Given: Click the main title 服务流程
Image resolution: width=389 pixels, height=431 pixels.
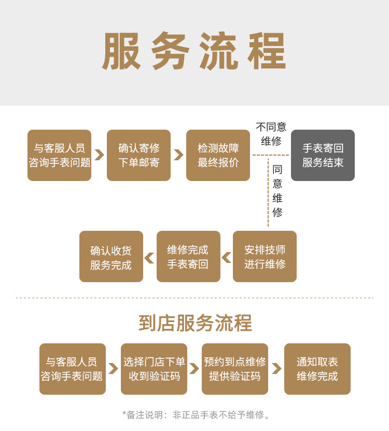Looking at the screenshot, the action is click(x=194, y=52).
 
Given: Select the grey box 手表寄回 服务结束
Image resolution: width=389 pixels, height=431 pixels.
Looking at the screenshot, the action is click(x=323, y=155).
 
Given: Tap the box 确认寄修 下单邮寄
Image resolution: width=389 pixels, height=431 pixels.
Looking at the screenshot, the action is click(x=138, y=155).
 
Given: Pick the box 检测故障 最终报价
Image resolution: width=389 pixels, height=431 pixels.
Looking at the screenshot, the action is click(x=218, y=155).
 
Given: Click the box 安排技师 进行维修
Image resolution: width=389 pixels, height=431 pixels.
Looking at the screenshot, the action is click(x=265, y=256).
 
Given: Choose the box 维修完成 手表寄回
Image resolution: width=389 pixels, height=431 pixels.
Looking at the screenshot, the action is click(x=188, y=256).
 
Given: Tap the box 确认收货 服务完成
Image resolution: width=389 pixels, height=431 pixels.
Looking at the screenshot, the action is click(x=111, y=256).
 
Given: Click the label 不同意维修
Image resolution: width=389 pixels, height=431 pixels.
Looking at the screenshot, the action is click(x=271, y=134).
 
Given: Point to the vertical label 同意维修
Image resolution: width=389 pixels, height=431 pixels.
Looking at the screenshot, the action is click(x=277, y=190).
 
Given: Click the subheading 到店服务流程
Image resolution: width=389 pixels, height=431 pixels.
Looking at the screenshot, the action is click(x=195, y=323).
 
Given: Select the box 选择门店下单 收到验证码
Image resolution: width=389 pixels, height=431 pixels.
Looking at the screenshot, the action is click(x=154, y=369).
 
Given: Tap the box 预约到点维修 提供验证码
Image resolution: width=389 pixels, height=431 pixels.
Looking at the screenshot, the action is click(x=234, y=369).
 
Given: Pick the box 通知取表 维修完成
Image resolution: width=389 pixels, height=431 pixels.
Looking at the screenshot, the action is click(x=317, y=369).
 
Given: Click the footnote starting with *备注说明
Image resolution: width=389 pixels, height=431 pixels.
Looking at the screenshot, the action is click(x=196, y=414).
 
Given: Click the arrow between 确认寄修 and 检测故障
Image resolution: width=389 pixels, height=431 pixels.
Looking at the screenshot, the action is click(x=178, y=155).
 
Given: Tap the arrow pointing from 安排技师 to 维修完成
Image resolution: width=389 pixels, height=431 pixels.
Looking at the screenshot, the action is click(x=227, y=257).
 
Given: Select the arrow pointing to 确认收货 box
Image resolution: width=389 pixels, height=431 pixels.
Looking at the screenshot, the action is click(x=149, y=257).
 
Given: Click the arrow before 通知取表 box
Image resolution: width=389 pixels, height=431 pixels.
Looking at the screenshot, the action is click(x=276, y=369).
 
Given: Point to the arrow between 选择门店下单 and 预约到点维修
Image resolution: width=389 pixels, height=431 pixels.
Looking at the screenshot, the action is click(x=194, y=369).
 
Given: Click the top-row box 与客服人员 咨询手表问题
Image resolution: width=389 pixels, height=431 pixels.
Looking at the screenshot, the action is click(x=59, y=155).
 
